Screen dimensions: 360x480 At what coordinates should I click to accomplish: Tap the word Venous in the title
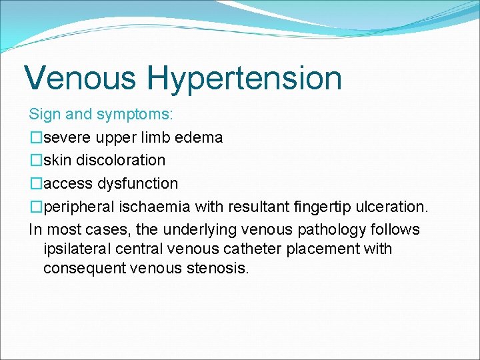click(81, 77)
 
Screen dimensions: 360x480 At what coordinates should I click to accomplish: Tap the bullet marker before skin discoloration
click(35, 161)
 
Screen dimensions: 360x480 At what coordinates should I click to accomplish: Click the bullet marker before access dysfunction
click(35, 183)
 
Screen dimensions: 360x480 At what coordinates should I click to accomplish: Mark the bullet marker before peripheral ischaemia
click(35, 207)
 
